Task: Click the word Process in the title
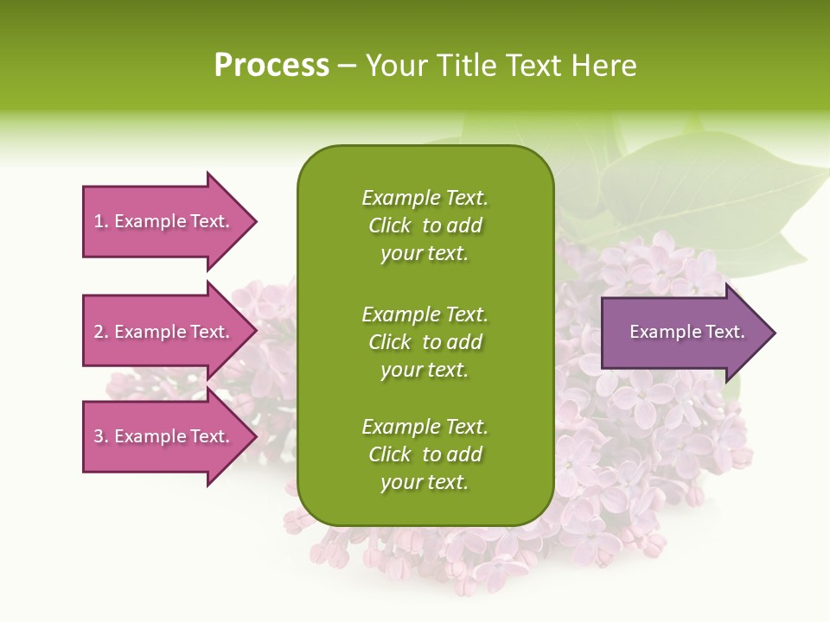pyautogui.click(x=271, y=66)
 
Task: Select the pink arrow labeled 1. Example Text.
pyautogui.click(x=164, y=221)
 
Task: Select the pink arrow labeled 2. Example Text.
pyautogui.click(x=164, y=332)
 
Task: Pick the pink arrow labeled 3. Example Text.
pyautogui.click(x=164, y=436)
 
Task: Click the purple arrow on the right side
pyautogui.click(x=683, y=333)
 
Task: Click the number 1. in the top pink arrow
pyautogui.click(x=100, y=221)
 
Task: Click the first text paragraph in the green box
pyautogui.click(x=425, y=225)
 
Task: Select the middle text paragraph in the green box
pyautogui.click(x=425, y=342)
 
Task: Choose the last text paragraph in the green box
pyautogui.click(x=425, y=454)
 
